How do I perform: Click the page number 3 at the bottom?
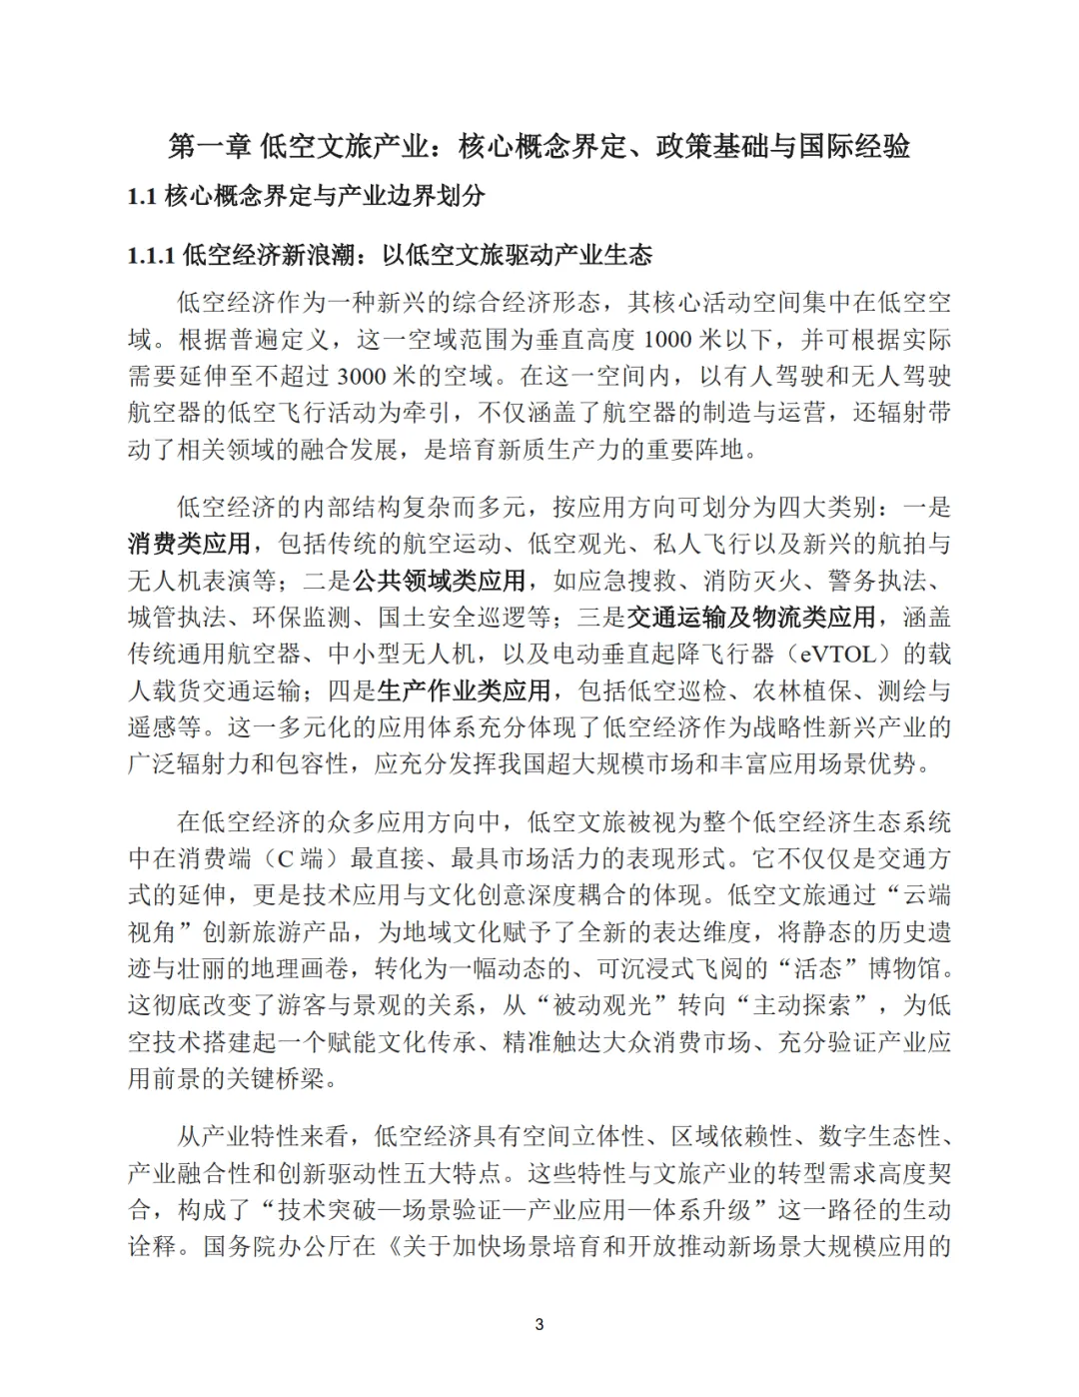(x=539, y=1325)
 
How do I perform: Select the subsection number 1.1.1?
(x=152, y=256)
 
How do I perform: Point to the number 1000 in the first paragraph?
(x=667, y=340)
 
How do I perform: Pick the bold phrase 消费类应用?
(x=189, y=545)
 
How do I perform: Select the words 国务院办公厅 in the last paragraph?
(x=264, y=1247)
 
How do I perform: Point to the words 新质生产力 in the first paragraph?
(x=567, y=450)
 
